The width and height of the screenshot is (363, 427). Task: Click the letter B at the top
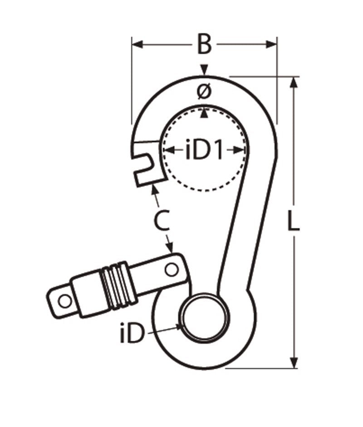205,45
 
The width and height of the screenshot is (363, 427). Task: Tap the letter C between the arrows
162,221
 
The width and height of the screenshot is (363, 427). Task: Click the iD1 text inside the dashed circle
205,151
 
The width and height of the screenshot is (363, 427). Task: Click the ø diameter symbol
205,92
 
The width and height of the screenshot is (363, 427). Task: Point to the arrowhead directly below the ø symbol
205,113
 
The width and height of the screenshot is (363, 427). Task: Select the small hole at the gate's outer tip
65,301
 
